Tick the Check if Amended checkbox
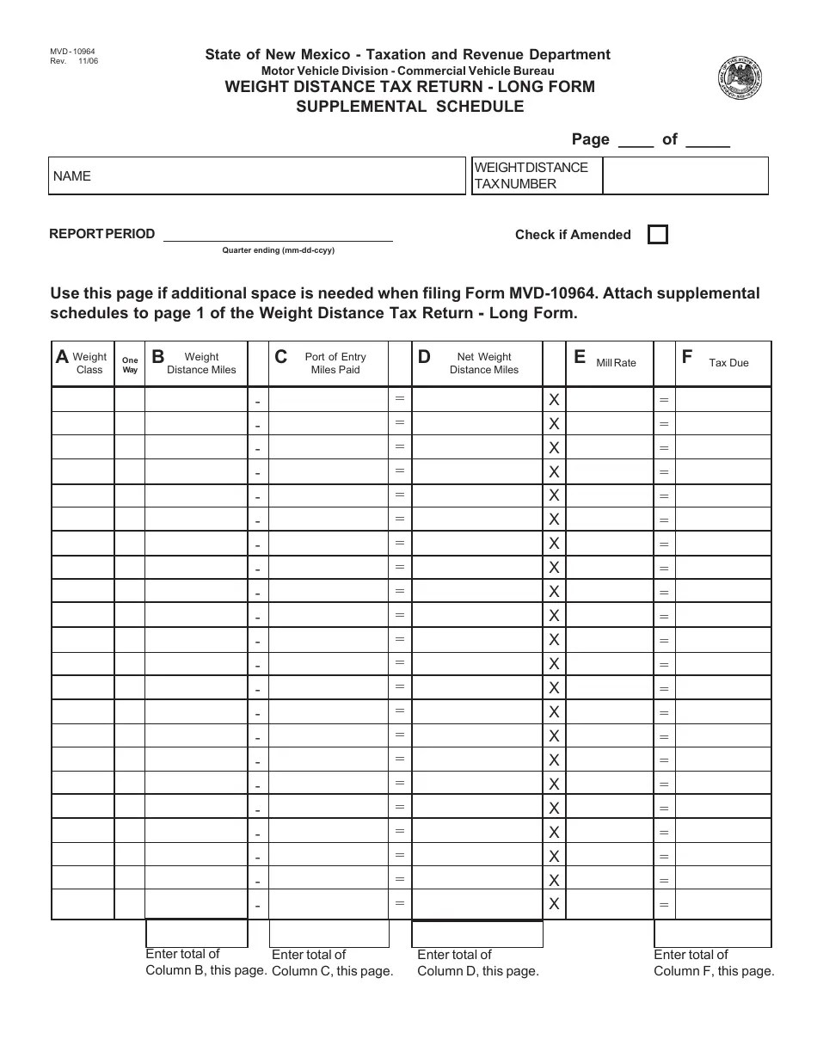coord(657,235)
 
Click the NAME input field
coord(256,176)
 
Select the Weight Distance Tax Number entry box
coord(685,176)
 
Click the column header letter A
coord(62,357)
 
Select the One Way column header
coord(130,365)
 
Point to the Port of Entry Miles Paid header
coord(335,363)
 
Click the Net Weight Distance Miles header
coord(483,363)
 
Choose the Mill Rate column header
coord(616,363)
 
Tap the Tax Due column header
coord(728,363)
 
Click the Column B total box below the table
coord(197,933)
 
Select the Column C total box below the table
coord(329,933)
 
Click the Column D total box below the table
coord(477,933)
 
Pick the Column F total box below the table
coord(712,933)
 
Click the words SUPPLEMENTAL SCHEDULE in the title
coord(409,107)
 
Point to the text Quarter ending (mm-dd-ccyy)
coord(278,250)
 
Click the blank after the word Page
coord(636,140)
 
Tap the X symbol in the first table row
coord(554,400)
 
